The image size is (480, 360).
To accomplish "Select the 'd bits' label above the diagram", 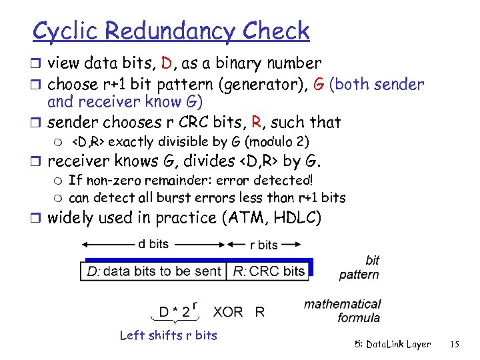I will click(153, 244).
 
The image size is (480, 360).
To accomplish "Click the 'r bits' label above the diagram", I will click(263, 245).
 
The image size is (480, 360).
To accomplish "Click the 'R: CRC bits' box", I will click(269, 271).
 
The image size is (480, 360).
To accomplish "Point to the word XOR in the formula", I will click(227, 311).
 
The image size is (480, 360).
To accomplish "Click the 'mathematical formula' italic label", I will click(342, 311).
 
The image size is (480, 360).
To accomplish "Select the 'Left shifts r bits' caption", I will click(168, 335).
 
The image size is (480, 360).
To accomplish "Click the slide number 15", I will click(455, 345).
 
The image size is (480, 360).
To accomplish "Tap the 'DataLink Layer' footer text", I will click(397, 345).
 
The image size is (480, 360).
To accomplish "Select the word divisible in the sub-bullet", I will click(185, 142).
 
